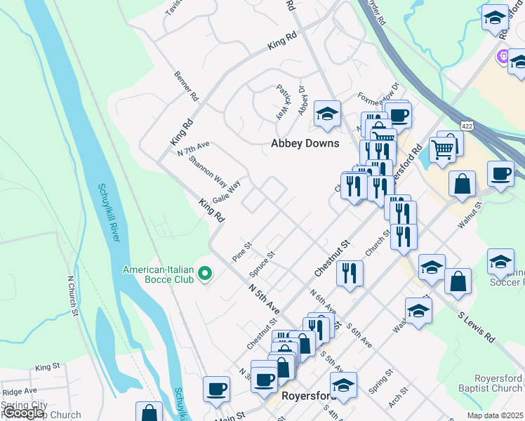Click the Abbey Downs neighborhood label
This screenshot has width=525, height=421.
point(305,143)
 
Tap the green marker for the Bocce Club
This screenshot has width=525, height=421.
point(205,273)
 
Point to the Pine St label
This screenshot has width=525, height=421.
point(242,252)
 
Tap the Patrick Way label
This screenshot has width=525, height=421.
point(282,102)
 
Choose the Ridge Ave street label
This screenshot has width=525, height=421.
point(19,392)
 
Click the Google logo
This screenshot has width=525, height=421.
point(22,413)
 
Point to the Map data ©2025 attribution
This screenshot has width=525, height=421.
point(495,415)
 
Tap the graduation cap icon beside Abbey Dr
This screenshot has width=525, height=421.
point(327,114)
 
